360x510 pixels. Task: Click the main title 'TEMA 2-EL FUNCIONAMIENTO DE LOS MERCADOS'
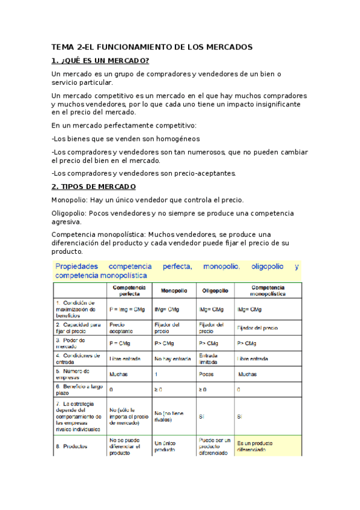pyautogui.click(x=152, y=47)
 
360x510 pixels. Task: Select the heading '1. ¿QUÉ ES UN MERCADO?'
pyautogui.click(x=100, y=61)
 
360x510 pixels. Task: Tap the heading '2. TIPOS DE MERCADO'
pyautogui.click(x=94, y=186)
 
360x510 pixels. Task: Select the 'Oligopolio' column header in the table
pyautogui.click(x=213, y=290)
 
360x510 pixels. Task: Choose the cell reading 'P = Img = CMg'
pyautogui.click(x=127, y=309)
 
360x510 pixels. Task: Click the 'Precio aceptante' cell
pyautogui.click(x=121, y=327)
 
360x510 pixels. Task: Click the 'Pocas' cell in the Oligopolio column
pyautogui.click(x=206, y=374)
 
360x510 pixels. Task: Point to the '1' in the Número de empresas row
pyautogui.click(x=156, y=374)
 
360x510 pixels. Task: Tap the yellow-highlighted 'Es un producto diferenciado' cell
pyautogui.click(x=262, y=446)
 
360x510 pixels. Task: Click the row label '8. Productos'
pyautogui.click(x=71, y=446)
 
